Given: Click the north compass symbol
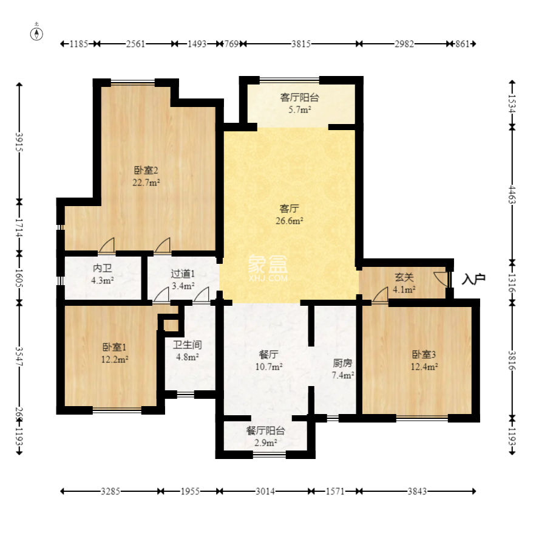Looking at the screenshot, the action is [x=36, y=33].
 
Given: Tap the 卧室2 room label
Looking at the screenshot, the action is [x=146, y=170].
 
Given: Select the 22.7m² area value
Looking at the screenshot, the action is [x=146, y=182].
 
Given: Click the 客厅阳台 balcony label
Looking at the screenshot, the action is [x=299, y=97].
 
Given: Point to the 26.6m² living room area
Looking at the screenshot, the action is [x=290, y=221].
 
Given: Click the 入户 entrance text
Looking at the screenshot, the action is [x=473, y=279].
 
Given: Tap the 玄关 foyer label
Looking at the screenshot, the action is [x=404, y=277].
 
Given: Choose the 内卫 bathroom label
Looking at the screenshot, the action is [x=102, y=268].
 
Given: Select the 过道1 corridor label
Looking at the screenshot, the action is [x=183, y=274].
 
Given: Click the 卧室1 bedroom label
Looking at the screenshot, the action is [x=115, y=347].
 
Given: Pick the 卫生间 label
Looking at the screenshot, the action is [x=188, y=345].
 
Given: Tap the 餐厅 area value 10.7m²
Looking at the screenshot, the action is [x=269, y=367].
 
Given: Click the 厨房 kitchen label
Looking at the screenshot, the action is [x=342, y=363].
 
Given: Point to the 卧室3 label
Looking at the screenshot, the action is [x=424, y=354].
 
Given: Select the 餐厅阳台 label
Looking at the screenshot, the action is [x=266, y=430].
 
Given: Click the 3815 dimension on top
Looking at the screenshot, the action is [x=301, y=44].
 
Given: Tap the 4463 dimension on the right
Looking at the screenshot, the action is [x=512, y=194].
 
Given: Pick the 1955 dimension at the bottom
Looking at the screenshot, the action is [x=190, y=491].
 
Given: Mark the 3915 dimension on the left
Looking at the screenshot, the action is [x=19, y=142].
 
